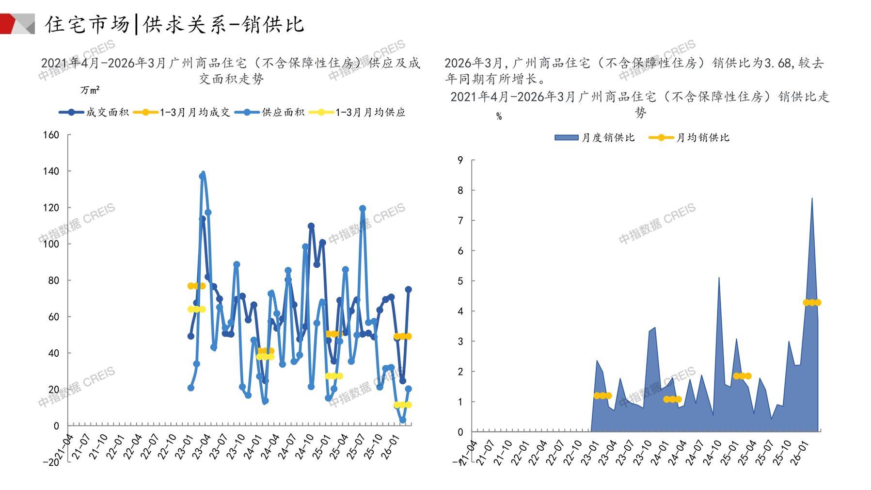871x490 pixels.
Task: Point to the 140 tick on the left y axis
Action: coord(51,171)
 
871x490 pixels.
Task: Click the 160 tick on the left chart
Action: coord(51,135)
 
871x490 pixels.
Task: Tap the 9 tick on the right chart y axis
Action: coord(460,160)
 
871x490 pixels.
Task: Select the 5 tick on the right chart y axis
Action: coord(460,281)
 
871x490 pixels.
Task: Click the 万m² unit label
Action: coord(90,90)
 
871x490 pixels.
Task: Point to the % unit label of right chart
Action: coord(499,116)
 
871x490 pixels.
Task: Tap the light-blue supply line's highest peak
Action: coord(203,173)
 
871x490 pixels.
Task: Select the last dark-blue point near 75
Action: coord(408,290)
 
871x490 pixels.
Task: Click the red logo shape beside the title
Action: coord(12,23)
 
